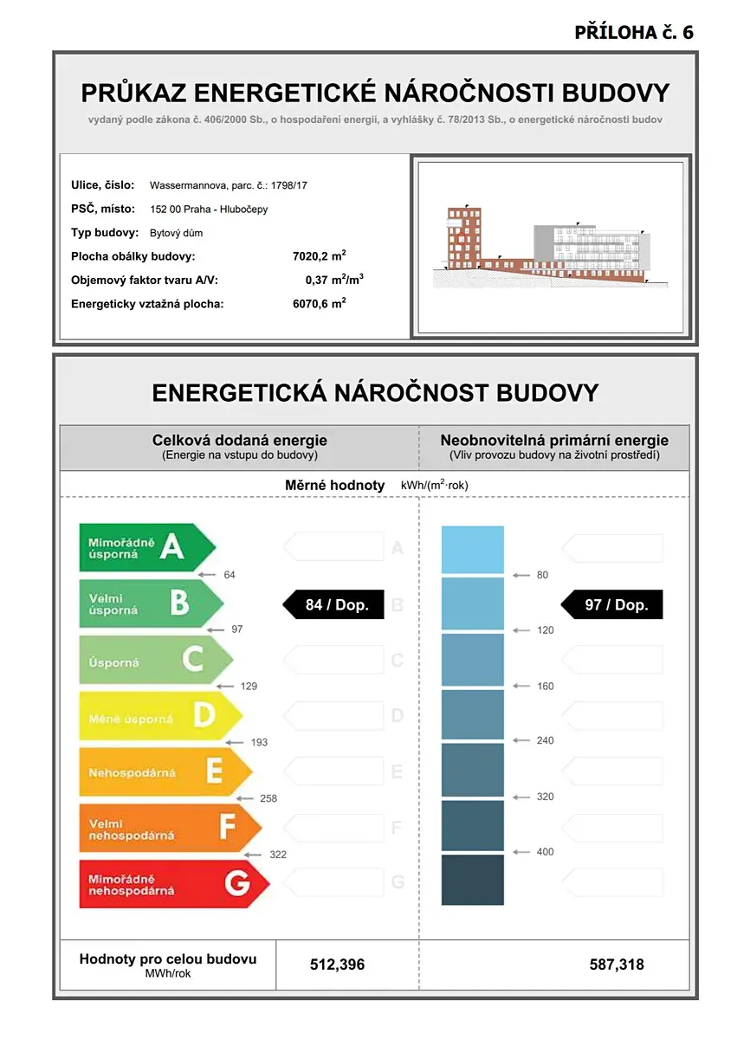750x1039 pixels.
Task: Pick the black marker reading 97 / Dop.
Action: pyautogui.click(x=614, y=604)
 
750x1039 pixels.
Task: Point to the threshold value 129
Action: pyautogui.click(x=249, y=687)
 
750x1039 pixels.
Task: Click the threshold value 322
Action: pyautogui.click(x=278, y=855)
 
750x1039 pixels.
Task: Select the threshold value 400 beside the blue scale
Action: pyautogui.click(x=545, y=852)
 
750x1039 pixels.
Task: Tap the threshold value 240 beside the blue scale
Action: pyautogui.click(x=545, y=740)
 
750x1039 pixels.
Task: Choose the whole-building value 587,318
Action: pyautogui.click(x=617, y=965)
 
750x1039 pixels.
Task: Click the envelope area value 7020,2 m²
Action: pyautogui.click(x=320, y=256)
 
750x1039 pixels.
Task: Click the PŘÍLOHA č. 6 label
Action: pyautogui.click(x=634, y=33)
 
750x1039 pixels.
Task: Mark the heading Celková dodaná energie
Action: pyautogui.click(x=240, y=441)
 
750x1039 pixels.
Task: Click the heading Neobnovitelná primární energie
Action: pyautogui.click(x=554, y=441)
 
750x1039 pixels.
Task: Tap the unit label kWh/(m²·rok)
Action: pyautogui.click(x=434, y=486)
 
